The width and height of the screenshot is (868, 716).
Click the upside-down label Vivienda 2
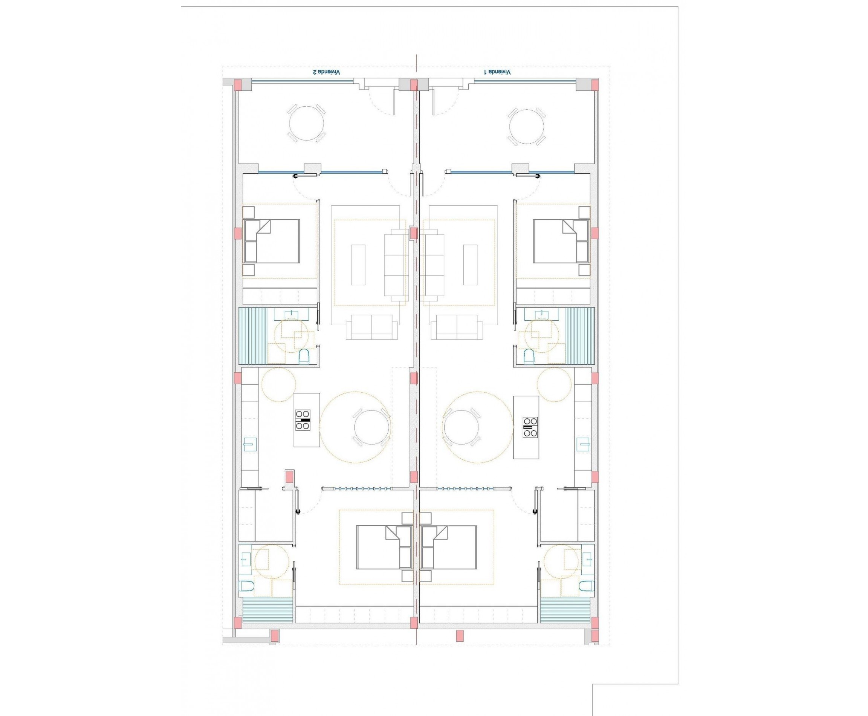pos(327,72)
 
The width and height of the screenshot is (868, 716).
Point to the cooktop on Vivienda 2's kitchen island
pos(303,420)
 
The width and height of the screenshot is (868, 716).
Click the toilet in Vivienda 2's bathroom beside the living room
pos(304,356)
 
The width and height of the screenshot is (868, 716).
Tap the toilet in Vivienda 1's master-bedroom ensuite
pos(585,586)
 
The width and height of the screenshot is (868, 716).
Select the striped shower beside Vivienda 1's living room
pos(580,336)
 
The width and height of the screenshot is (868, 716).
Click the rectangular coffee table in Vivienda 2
pos(358,265)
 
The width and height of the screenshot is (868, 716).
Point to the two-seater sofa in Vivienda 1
pos(457,327)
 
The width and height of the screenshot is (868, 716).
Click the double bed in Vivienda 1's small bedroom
pos(561,241)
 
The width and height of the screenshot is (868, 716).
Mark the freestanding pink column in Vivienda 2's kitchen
pos(289,477)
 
